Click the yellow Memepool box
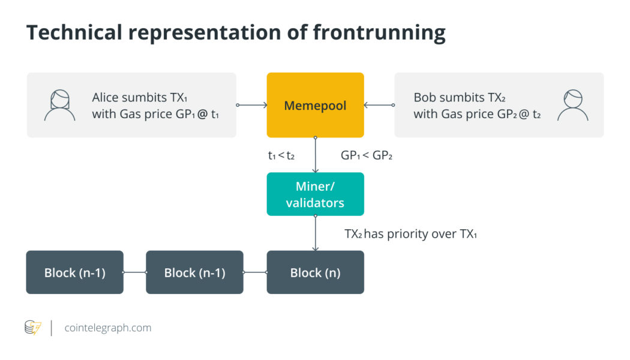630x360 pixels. [315, 106]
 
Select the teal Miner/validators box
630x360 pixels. [315, 194]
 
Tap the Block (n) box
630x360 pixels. [315, 272]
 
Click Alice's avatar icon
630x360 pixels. [59, 106]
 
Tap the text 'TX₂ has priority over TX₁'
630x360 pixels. [410, 234]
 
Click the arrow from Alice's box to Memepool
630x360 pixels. [252, 106]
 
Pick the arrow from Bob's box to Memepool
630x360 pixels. [379, 106]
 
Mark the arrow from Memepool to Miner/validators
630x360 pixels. [315, 155]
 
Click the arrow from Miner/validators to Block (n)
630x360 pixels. [315, 233]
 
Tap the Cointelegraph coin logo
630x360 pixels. [33, 328]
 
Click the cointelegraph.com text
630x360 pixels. [107, 328]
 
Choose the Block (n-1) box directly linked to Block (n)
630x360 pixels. [194, 272]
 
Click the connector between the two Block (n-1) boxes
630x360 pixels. [135, 272]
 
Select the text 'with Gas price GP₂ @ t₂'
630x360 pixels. [477, 114]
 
